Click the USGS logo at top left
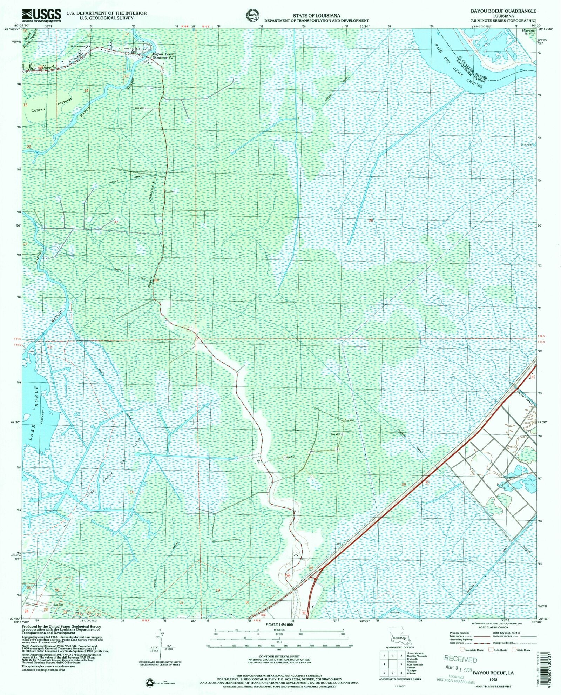[41, 15]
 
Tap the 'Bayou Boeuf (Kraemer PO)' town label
[163, 56]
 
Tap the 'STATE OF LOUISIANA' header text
[316, 16]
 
